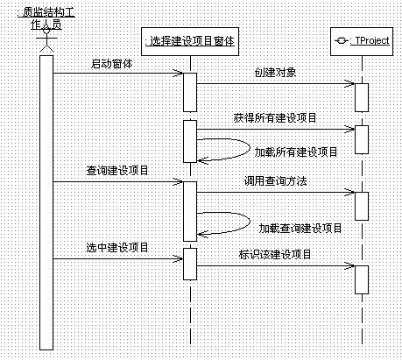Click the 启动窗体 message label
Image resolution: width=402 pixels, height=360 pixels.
point(112,64)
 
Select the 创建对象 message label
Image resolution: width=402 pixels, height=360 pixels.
point(275,73)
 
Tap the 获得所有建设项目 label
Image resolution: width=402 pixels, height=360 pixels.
point(275,117)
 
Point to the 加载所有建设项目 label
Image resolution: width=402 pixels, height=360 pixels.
point(296,152)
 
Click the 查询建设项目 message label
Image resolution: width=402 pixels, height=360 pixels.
point(117,170)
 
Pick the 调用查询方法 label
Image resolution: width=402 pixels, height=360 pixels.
point(275,181)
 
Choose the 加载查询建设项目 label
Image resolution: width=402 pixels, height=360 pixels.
point(300,228)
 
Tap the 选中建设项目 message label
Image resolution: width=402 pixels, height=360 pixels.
point(117,247)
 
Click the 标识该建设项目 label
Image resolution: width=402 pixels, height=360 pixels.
point(275,254)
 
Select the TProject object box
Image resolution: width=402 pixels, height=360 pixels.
point(362,41)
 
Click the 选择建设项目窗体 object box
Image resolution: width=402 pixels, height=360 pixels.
point(190,41)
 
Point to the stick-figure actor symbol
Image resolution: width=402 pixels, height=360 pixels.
point(46,39)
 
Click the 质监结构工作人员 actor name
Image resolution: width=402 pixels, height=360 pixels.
point(46,18)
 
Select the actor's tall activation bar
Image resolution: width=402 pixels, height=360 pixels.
point(46,202)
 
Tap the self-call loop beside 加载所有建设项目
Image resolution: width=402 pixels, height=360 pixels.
point(250,149)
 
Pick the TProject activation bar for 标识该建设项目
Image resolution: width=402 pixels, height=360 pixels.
point(362,279)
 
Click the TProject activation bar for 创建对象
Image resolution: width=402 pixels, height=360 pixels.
point(362,97)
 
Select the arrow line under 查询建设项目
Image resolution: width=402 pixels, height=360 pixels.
point(118,181)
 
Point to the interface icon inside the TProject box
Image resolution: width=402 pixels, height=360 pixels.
point(341,41)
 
